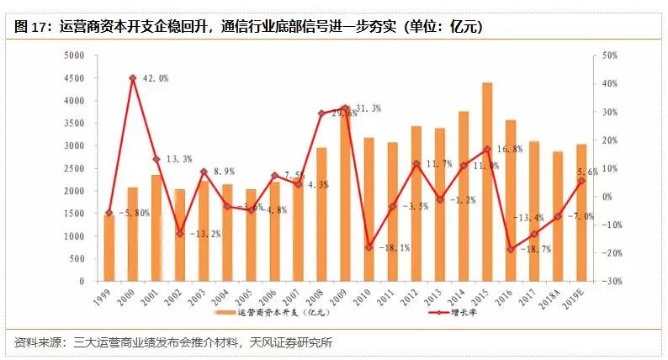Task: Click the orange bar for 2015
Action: tap(486, 181)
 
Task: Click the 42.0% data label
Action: tap(154, 78)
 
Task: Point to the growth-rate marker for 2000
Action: tap(133, 78)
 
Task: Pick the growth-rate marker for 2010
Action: tap(368, 247)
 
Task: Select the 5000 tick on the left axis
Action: tap(76, 56)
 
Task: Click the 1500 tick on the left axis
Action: tap(76, 214)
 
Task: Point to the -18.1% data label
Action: tap(394, 248)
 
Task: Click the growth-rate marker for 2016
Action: tap(510, 249)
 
